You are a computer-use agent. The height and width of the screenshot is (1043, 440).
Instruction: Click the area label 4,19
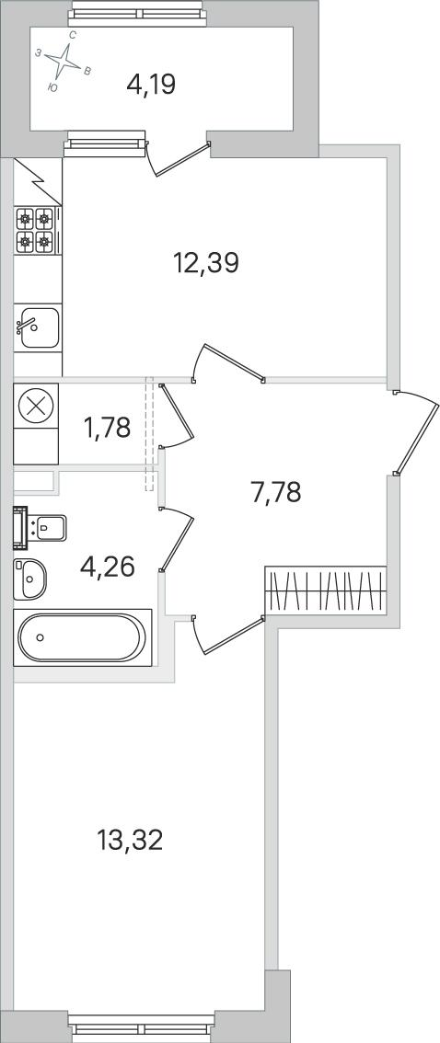tap(150, 86)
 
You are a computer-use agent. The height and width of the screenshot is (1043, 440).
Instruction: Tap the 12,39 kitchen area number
tap(205, 263)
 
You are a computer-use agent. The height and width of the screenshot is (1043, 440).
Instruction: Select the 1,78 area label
tap(107, 428)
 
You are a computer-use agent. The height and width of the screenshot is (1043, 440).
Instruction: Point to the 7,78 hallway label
tap(276, 493)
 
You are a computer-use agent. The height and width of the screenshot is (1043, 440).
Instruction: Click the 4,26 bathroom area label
tap(107, 567)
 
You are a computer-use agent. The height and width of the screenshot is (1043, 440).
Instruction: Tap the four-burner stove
tap(36, 231)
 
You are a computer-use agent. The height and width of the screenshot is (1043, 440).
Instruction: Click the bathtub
tap(83, 637)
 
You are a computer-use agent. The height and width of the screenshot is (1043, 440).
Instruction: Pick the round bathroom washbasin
tap(30, 579)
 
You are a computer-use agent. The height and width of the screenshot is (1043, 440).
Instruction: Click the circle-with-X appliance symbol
tap(36, 405)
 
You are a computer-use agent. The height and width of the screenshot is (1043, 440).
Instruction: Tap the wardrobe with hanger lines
tap(326, 590)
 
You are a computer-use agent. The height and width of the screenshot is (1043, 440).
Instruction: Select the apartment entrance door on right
tap(416, 432)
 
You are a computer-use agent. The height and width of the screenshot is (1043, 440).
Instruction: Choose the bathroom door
tap(177, 539)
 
